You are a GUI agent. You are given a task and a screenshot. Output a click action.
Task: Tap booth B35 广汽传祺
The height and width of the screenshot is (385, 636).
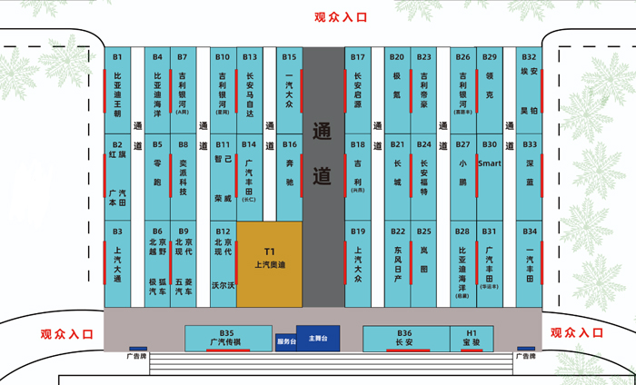click(x=226, y=338)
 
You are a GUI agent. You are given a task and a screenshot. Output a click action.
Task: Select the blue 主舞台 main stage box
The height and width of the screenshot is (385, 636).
click(x=317, y=338)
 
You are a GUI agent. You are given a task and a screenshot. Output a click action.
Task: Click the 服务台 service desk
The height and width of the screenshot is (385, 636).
click(x=285, y=341)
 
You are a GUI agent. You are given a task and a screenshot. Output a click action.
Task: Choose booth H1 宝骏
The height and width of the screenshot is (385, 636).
click(x=472, y=339)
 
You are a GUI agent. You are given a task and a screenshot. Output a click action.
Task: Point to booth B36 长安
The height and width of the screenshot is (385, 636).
click(x=404, y=339)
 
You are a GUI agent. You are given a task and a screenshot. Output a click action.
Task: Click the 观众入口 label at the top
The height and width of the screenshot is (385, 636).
click(x=343, y=16)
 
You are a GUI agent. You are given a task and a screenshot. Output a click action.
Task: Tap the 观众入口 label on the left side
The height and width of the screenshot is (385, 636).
click(x=67, y=333)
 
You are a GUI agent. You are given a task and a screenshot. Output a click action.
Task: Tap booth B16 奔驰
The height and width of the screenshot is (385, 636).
click(x=289, y=177)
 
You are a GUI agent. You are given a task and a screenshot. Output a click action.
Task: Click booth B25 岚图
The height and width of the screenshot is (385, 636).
click(x=424, y=263)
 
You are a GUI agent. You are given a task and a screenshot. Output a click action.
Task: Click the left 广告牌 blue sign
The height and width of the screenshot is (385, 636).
click(x=138, y=349)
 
